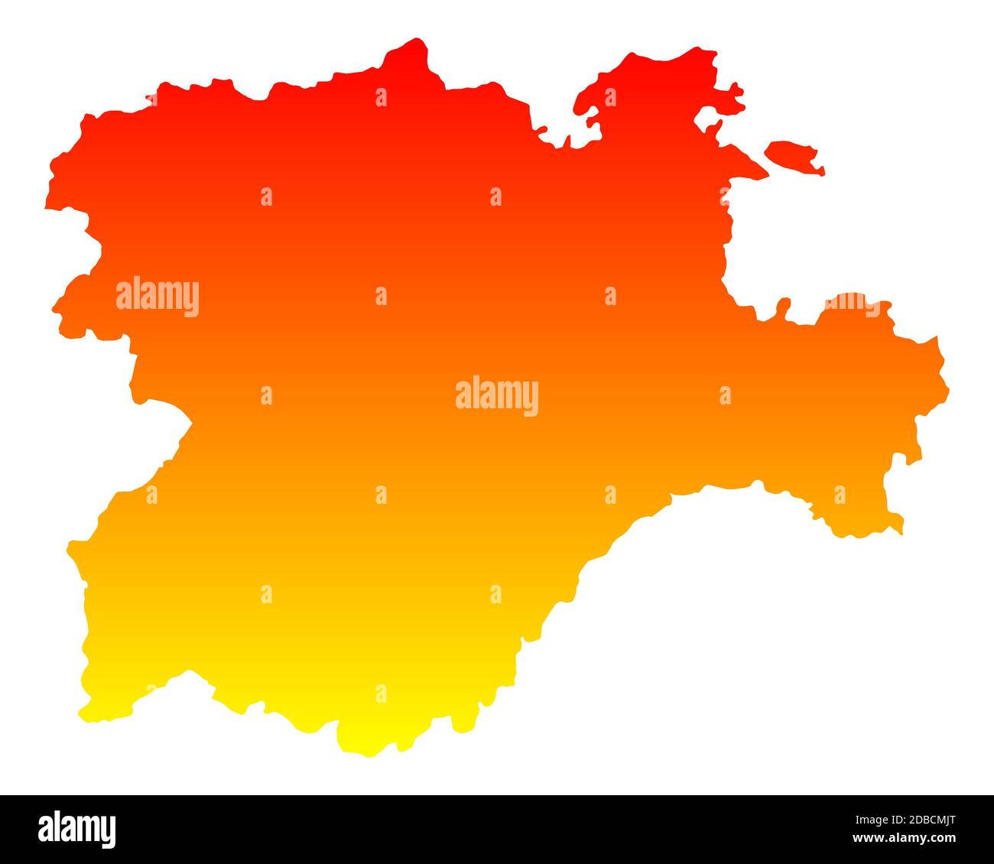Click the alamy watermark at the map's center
click(496, 396)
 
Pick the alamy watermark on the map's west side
click(158, 297)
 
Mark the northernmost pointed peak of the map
click(417, 42)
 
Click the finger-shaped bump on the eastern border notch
click(782, 306)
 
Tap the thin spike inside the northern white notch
click(567, 141)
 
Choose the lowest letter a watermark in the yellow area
click(381, 693)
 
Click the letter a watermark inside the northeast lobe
click(610, 97)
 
